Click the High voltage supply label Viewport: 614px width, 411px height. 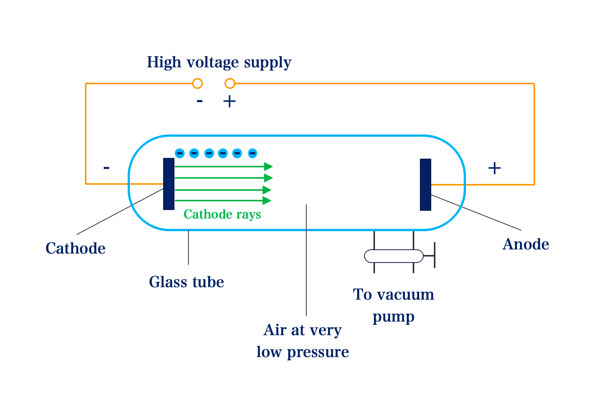click(x=219, y=62)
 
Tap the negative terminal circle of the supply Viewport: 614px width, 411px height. click(x=197, y=83)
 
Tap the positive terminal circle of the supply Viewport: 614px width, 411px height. click(x=230, y=83)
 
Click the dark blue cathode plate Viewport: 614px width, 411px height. click(x=169, y=184)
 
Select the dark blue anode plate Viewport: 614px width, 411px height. click(x=426, y=184)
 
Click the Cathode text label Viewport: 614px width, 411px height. click(x=76, y=249)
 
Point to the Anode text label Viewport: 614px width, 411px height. click(x=526, y=244)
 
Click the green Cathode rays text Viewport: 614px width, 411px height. click(x=222, y=215)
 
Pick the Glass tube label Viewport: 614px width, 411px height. click(x=187, y=282)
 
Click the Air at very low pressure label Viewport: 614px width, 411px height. click(x=302, y=341)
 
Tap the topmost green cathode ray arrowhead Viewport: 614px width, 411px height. click(x=268, y=166)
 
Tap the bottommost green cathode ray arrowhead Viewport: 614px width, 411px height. click(x=267, y=201)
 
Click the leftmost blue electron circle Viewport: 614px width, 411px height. click(x=180, y=153)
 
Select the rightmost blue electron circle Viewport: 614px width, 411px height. click(x=253, y=153)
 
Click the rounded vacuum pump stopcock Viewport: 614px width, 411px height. click(x=393, y=256)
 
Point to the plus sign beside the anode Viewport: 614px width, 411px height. click(x=494, y=168)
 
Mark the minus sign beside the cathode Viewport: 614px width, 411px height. click(x=106, y=168)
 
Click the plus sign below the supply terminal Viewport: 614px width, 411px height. click(x=230, y=101)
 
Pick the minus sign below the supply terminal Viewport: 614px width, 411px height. click(x=199, y=101)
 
